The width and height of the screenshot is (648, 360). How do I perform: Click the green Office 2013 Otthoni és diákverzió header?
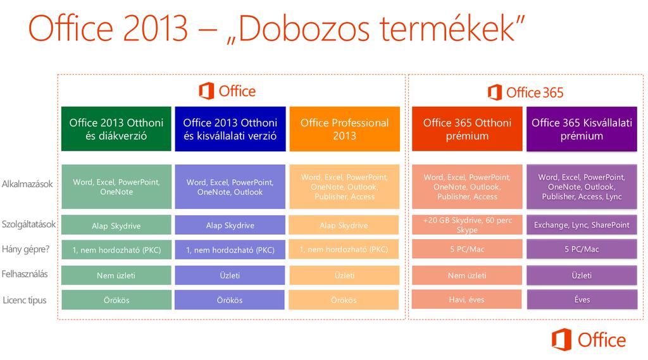coord(116,129)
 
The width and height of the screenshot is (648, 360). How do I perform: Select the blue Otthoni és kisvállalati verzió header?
coord(230,129)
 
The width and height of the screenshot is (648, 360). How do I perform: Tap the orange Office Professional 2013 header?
coord(345,129)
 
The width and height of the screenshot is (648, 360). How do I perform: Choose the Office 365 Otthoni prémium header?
coord(467,129)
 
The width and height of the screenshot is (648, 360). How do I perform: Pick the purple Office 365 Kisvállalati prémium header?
coord(582,129)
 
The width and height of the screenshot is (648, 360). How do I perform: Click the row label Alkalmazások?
coord(27,184)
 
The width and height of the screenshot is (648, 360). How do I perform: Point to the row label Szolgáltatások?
coord(28,225)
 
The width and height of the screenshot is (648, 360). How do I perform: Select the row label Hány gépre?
coord(25,249)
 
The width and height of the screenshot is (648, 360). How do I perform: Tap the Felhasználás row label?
coord(25,274)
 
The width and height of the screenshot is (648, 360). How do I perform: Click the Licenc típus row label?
coord(25,301)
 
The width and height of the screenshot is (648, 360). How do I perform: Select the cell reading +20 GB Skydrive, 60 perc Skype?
coord(467,225)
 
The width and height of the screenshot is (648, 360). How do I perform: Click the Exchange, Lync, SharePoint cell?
coord(582,225)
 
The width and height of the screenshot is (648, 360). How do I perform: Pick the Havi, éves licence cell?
coord(466,300)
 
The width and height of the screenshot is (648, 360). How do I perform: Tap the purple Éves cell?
coord(582,300)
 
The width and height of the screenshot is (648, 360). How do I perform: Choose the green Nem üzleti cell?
coord(116,275)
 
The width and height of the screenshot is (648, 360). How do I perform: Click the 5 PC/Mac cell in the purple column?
coord(582,249)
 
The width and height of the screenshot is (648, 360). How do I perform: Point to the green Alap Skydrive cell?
coord(116,225)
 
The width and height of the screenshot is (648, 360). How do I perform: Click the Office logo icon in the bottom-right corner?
coord(562,340)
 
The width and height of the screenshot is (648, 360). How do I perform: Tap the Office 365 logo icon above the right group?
coord(495,92)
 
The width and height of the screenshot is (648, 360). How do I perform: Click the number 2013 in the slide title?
coord(156,29)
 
